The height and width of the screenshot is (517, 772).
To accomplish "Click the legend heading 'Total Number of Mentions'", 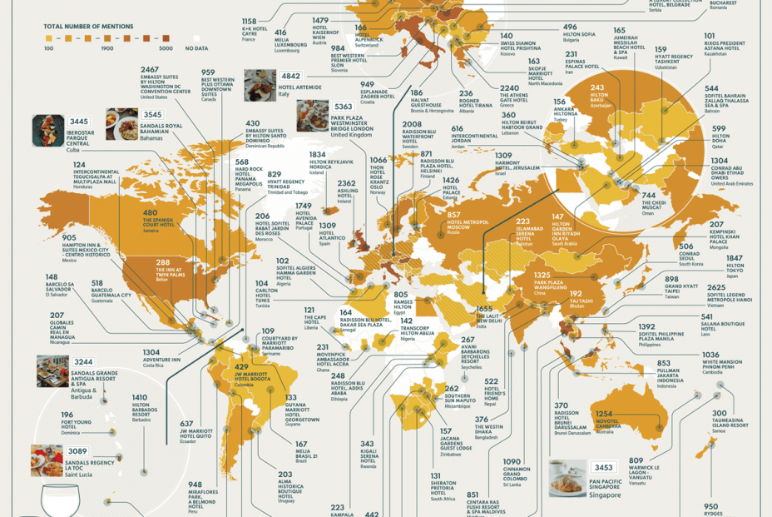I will click(88, 27).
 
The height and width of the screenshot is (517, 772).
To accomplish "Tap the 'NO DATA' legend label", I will click(197, 48).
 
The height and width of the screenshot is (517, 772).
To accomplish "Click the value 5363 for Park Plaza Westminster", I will click(344, 107).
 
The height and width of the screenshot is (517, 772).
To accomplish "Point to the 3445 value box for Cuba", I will click(79, 122).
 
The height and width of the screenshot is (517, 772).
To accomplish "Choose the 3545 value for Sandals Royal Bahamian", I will click(152, 115).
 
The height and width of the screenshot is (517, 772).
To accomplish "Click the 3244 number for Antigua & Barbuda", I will click(83, 361).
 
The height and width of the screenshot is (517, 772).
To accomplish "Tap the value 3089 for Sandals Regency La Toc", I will click(77, 450).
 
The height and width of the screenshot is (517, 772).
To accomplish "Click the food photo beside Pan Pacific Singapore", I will click(568, 478).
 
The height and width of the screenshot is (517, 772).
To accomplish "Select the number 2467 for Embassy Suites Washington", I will click(150, 70).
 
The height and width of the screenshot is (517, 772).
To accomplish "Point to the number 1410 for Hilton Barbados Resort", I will click(140, 397).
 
